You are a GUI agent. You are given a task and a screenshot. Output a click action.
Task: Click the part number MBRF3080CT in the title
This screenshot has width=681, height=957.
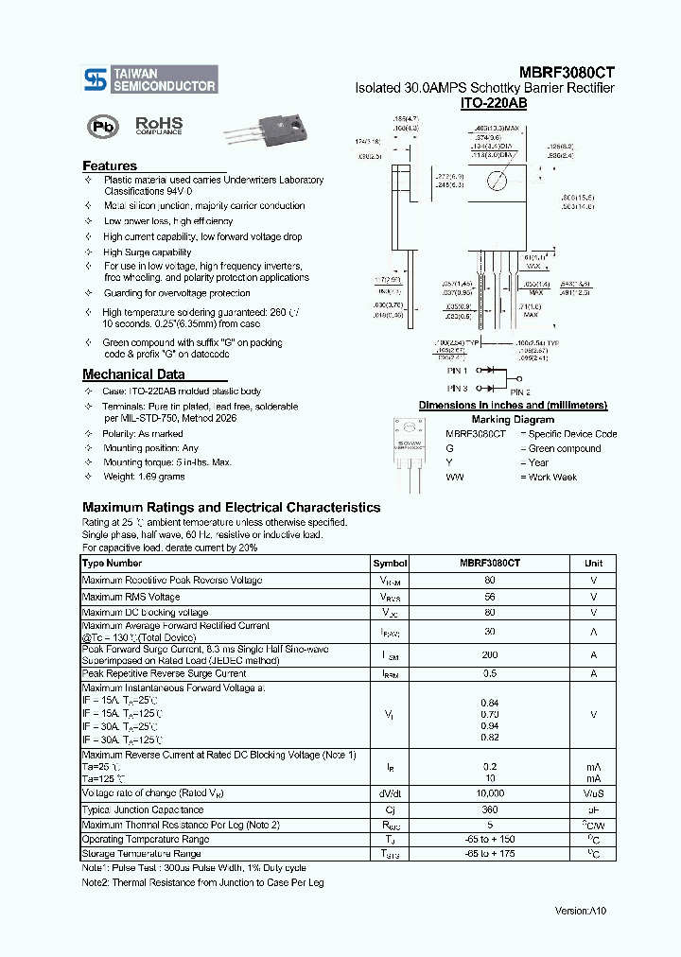567,71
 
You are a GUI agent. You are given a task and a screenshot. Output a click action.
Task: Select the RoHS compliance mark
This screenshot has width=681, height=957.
159,126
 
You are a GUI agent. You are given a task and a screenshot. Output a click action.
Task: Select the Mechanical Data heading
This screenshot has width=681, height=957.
133,374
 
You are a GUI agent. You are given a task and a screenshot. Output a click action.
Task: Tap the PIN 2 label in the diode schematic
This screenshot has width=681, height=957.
520,391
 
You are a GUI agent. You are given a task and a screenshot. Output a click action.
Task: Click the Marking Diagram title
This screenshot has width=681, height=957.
513,419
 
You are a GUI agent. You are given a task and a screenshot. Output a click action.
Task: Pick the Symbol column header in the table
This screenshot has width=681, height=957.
390,563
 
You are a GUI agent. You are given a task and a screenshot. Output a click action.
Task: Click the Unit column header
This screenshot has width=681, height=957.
593,563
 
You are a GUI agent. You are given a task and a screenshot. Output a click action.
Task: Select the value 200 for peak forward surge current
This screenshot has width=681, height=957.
490,654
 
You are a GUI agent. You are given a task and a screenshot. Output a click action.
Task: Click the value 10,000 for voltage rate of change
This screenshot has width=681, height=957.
490,793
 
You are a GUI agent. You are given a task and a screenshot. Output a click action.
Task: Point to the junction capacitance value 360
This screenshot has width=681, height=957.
490,809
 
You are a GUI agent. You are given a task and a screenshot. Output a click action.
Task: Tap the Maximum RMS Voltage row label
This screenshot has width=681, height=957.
131,597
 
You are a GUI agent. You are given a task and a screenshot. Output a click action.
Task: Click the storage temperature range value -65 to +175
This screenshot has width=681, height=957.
490,854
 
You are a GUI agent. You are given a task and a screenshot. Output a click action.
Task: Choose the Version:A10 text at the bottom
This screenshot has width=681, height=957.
580,910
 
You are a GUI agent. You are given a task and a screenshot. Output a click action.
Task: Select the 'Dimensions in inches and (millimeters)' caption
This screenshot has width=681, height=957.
513,405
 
